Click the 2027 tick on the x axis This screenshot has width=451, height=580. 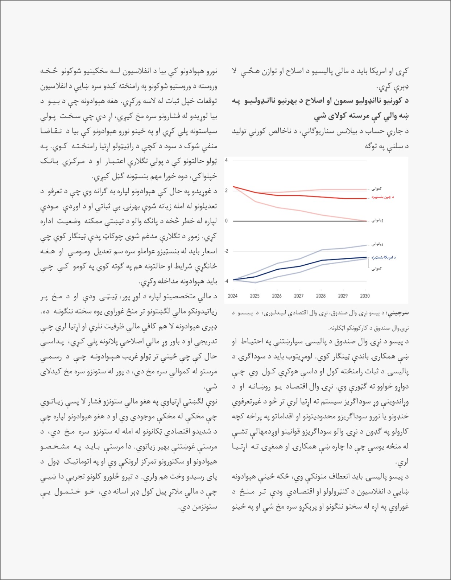(299, 296)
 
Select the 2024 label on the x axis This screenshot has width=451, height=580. (233, 296)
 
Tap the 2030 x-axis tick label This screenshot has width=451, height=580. (365, 296)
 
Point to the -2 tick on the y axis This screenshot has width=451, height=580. (226, 251)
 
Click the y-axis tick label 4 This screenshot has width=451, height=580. (226, 160)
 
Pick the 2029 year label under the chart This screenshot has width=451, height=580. (343, 296)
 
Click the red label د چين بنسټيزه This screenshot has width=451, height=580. (382, 197)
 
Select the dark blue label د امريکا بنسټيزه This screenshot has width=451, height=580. (384, 257)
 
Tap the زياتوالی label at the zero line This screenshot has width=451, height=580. (377, 220)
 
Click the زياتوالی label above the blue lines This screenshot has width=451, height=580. (377, 244)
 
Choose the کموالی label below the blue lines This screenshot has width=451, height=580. (376, 269)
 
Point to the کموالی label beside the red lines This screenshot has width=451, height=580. (376, 188)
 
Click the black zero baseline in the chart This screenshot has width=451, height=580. (297, 221)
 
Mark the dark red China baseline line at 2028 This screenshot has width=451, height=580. (321, 197)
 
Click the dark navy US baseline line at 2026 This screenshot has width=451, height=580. (277, 269)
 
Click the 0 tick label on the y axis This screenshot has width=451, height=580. (226, 221)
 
